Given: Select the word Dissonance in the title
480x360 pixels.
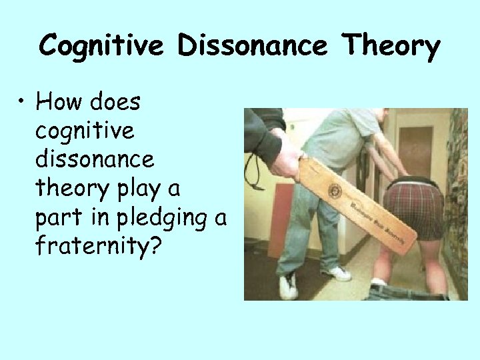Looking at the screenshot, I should [x=253, y=46].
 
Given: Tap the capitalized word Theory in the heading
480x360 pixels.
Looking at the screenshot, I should [x=391, y=47].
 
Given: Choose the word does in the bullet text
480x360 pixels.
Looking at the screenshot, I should [x=116, y=102].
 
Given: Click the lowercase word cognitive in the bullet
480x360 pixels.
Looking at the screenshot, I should [x=85, y=131].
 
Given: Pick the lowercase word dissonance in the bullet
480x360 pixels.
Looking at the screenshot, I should [x=94, y=159].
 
